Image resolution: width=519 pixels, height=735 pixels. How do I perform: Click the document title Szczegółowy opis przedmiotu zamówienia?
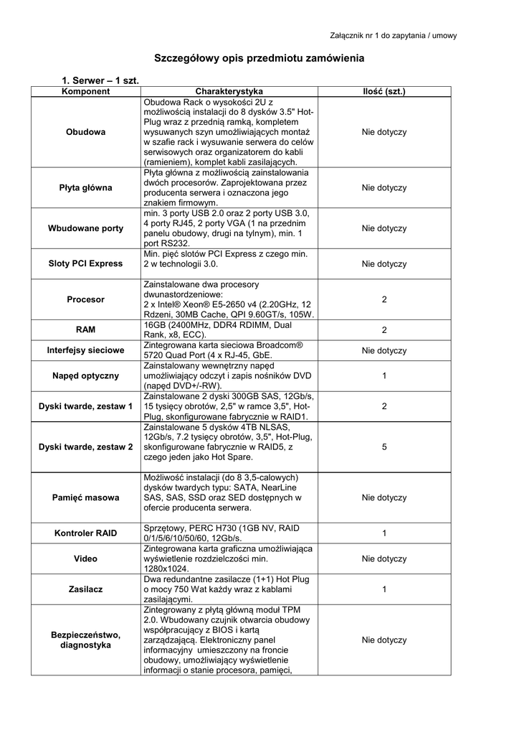click(x=260, y=57)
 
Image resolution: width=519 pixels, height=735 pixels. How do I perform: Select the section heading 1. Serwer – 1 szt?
click(x=100, y=82)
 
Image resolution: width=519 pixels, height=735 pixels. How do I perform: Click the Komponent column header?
click(x=86, y=92)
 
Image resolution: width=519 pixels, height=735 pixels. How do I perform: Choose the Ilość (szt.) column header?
click(x=384, y=92)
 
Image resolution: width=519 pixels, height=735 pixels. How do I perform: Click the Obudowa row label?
click(x=86, y=132)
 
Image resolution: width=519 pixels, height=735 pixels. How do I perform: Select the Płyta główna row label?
click(x=86, y=188)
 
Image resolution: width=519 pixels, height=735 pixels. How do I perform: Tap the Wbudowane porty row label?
click(x=86, y=228)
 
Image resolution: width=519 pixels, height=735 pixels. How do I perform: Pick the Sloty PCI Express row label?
click(x=86, y=263)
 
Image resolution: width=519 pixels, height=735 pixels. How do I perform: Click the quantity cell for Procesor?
click(x=384, y=299)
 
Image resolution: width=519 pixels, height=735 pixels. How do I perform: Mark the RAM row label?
click(x=86, y=329)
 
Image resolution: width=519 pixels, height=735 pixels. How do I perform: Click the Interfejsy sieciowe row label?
click(x=86, y=350)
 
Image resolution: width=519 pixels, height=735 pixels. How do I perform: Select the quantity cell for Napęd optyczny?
click(x=384, y=375)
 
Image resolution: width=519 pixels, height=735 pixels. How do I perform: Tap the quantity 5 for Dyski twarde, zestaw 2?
click(x=384, y=446)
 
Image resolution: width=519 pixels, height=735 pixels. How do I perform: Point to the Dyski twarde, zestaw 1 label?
click(x=86, y=406)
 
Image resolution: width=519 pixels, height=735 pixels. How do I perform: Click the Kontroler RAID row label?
click(x=86, y=533)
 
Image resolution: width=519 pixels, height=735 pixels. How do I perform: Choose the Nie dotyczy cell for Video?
click(x=384, y=558)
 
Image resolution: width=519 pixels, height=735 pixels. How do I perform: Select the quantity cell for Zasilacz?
click(x=384, y=589)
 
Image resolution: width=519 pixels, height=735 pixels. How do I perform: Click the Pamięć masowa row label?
click(x=86, y=497)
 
